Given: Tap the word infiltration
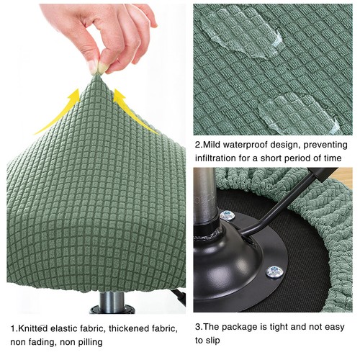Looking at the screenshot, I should (x=218, y=159).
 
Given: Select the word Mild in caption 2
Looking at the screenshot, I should (x=213, y=144).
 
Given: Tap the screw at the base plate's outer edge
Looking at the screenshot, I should (x=274, y=271).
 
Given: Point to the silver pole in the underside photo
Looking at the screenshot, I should (x=205, y=194).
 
